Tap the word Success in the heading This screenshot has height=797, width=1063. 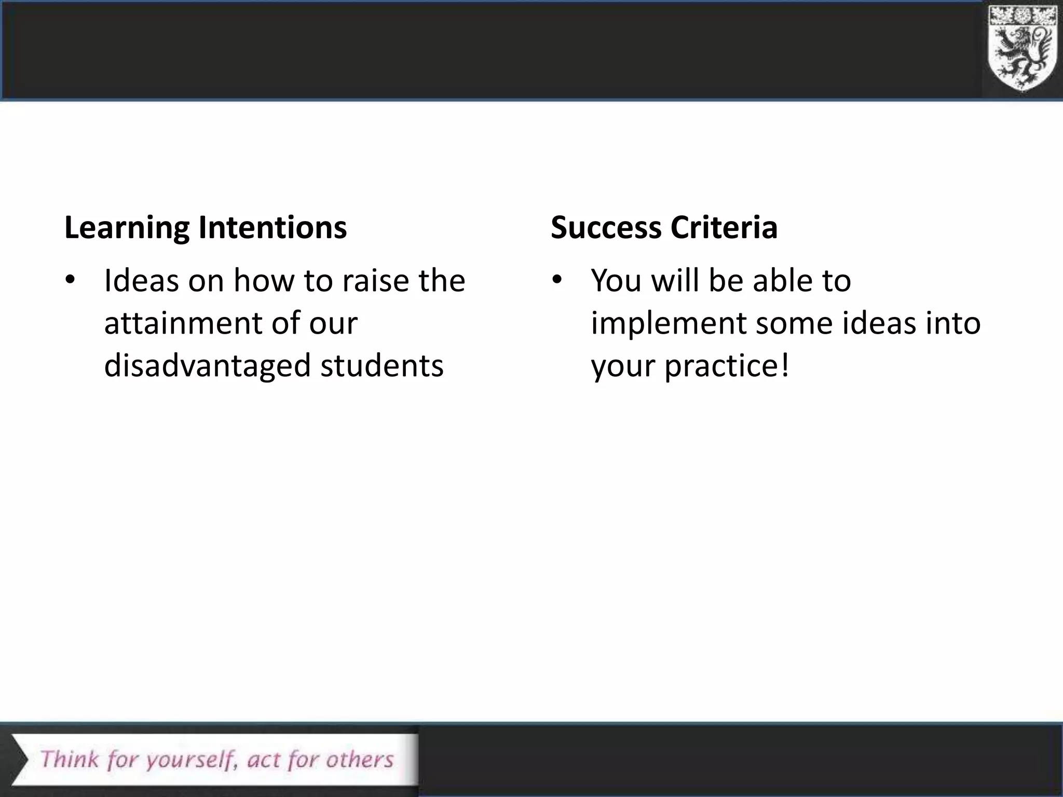[x=606, y=228]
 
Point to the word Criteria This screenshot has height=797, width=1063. [x=724, y=228]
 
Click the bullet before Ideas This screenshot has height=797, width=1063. [x=70, y=281]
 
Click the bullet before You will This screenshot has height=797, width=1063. [x=557, y=281]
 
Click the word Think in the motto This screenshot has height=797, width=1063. [x=70, y=759]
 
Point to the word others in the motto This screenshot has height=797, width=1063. [x=360, y=759]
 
